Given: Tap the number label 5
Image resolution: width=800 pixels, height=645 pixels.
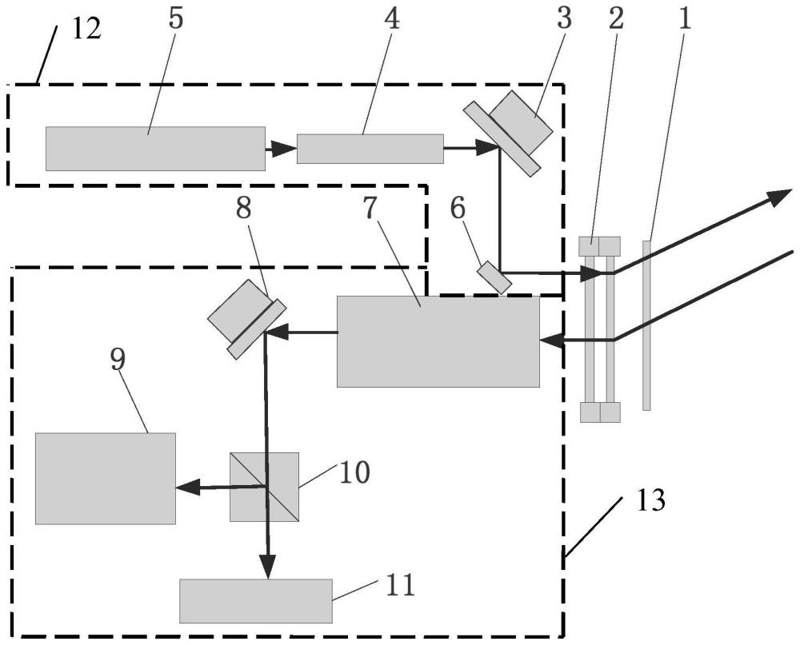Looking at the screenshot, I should click(x=175, y=20).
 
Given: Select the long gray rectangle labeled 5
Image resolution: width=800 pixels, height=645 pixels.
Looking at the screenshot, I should click(x=155, y=149).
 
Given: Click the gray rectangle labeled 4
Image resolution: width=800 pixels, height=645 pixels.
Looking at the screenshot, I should click(x=370, y=149).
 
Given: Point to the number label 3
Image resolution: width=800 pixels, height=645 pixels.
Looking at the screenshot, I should click(x=565, y=19).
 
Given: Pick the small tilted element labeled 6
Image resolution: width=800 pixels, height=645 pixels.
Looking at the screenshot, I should click(x=494, y=277).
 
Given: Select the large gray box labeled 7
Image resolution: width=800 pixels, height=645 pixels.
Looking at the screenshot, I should click(x=438, y=341).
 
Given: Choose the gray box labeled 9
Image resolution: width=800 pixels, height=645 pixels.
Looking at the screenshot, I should click(x=105, y=478).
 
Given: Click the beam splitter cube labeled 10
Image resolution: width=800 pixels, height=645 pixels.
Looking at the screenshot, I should click(x=264, y=487).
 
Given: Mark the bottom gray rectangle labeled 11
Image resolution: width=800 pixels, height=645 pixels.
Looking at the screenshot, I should click(x=255, y=600).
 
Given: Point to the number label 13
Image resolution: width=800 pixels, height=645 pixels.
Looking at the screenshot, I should click(x=649, y=502).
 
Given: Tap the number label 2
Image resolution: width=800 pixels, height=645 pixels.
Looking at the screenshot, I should click(x=614, y=19).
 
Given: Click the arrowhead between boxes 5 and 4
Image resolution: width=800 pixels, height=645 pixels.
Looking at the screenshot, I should click(x=278, y=149).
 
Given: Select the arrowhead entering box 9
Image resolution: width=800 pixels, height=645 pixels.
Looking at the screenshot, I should click(x=186, y=487).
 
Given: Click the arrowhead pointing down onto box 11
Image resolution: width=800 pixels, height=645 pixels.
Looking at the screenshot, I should click(x=266, y=568).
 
